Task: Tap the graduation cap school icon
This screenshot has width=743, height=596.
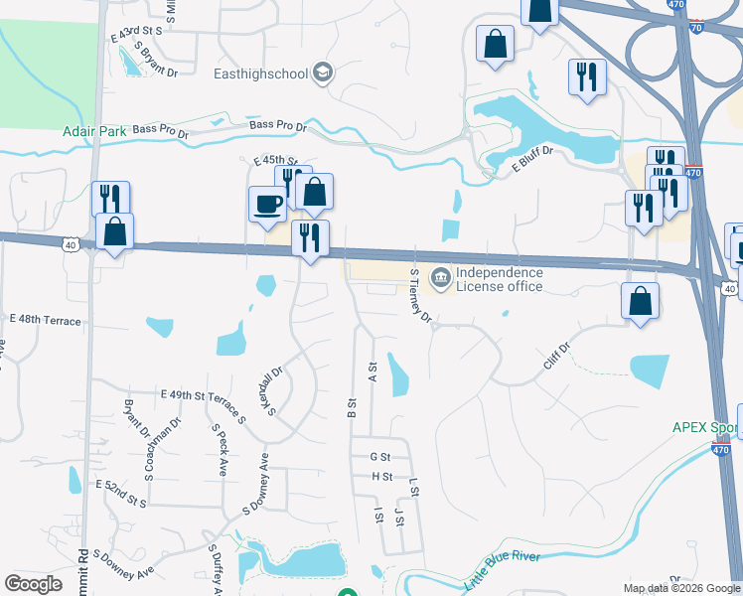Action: pyautogui.click(x=322, y=72)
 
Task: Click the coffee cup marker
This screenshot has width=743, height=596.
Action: pyautogui.click(x=268, y=204)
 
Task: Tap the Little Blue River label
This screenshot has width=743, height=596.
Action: pyautogui.click(x=503, y=567)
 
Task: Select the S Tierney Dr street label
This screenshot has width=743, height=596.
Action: pyautogui.click(x=421, y=295)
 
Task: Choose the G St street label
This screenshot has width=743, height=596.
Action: pyautogui.click(x=379, y=457)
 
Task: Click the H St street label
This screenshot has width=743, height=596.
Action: pyautogui.click(x=381, y=477)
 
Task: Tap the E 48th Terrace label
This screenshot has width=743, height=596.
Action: pyautogui.click(x=45, y=320)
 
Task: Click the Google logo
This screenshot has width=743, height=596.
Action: pyautogui.click(x=34, y=583)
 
